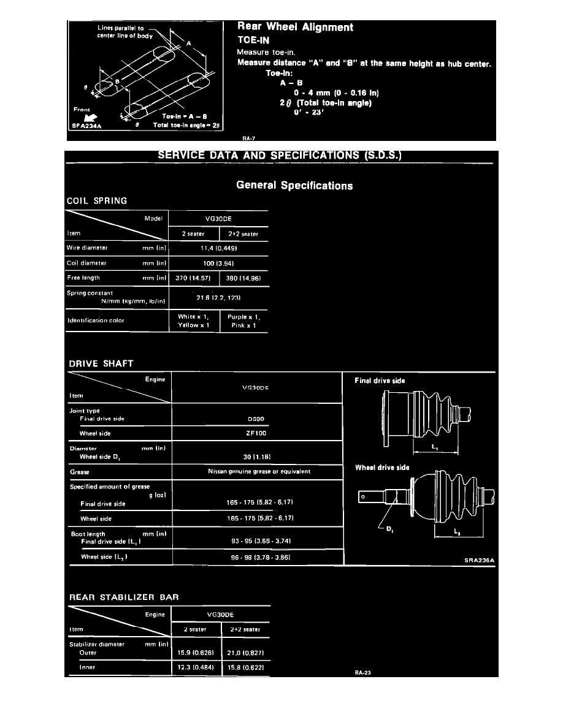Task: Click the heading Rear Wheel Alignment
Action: pos(295,28)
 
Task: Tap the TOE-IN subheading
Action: pos(254,40)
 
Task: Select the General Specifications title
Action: pos(294,186)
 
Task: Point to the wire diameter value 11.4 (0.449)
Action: pos(218,248)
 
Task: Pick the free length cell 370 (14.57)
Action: pos(193,278)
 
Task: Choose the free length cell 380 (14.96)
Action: pos(243,278)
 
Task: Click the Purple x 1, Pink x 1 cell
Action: pos(243,321)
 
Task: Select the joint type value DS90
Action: pos(257,419)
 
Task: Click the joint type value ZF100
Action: pos(257,433)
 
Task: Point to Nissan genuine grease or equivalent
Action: pos(258,472)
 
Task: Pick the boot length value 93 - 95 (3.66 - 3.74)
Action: pos(257,542)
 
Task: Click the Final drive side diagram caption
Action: pos(380,381)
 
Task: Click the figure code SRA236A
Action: pos(478,559)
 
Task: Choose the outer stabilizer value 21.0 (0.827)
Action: pos(244,653)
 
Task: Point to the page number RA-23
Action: pos(362,673)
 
